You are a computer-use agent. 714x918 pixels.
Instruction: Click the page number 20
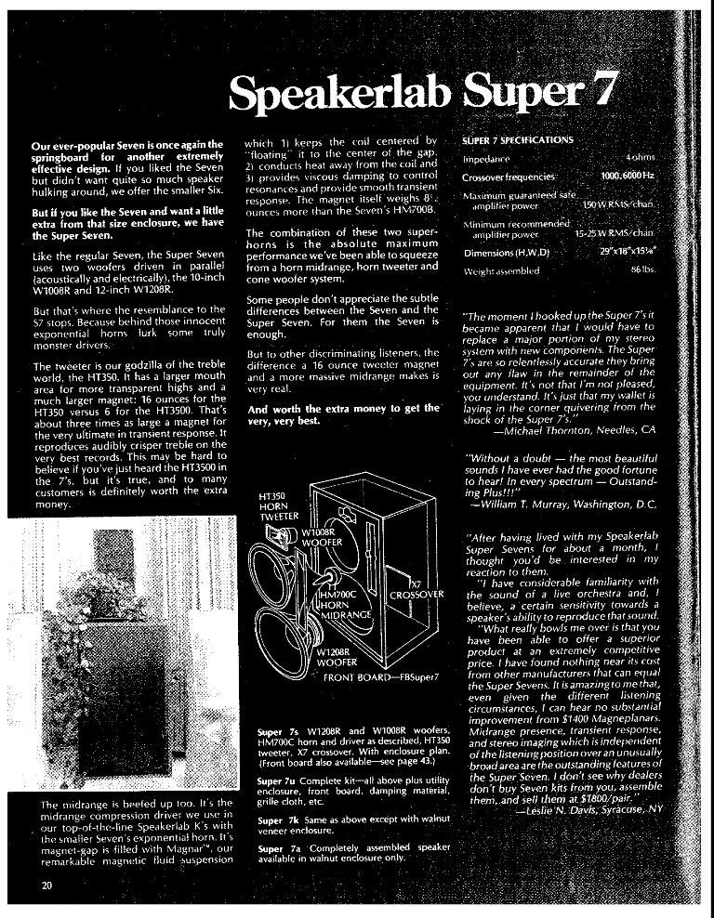click(46, 884)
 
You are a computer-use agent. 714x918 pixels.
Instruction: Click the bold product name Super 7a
click(275, 847)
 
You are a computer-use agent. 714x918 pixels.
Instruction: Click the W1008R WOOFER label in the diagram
click(322, 536)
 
